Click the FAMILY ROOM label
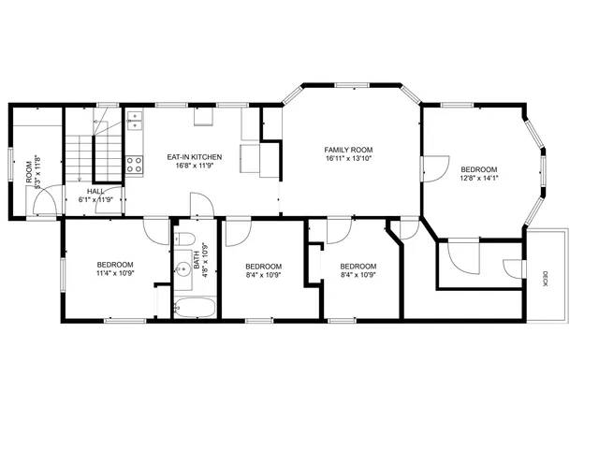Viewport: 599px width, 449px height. pos(349,150)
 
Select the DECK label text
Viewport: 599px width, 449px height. pos(546,278)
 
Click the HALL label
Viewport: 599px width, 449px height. pos(96,190)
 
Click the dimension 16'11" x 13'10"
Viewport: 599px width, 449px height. pos(349,159)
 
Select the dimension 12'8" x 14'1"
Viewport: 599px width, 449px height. pos(479,178)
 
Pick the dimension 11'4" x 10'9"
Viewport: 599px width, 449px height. pos(115,274)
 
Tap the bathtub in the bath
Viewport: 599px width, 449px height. pos(196,307)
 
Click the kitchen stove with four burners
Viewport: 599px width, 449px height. pos(135,166)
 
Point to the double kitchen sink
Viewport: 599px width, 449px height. pos(135,121)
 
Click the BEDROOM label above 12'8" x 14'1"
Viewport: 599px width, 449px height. pos(479,168)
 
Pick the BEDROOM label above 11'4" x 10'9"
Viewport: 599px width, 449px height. pos(115,265)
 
